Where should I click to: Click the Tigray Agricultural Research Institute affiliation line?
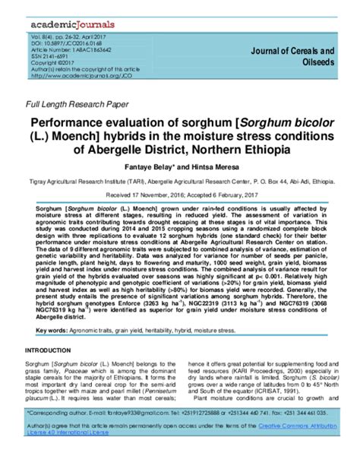coord(180,182)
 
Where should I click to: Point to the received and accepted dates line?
coord(180,195)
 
